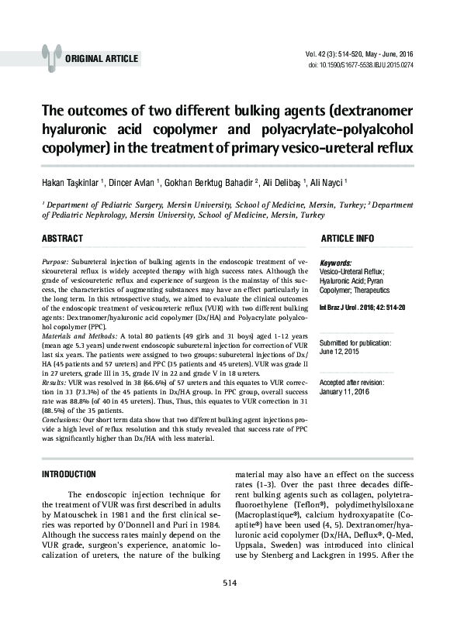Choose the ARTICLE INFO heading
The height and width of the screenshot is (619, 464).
click(348, 237)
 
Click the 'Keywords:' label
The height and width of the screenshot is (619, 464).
click(336, 263)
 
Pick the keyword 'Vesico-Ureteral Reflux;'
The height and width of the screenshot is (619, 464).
click(351, 273)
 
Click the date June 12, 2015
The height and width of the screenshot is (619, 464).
click(341, 351)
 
